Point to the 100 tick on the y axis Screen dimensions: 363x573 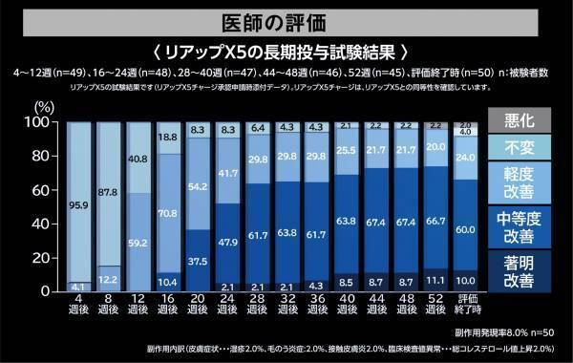coord(47,122)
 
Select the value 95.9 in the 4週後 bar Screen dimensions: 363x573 coord(81,203)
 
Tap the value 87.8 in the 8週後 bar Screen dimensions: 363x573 coord(107,192)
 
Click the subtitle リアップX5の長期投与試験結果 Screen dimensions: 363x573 coord(286,51)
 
